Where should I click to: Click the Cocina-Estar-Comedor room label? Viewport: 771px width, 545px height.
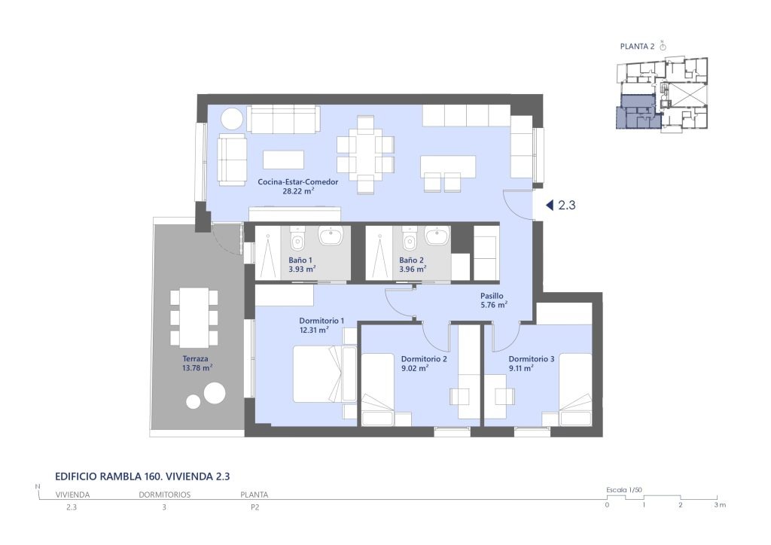[x=298, y=182]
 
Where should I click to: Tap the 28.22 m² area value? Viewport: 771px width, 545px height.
[x=298, y=191]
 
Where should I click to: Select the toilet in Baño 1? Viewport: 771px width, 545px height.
[x=297, y=238]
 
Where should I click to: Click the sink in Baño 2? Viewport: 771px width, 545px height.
[x=437, y=236]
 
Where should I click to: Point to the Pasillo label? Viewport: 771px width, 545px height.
[x=492, y=296]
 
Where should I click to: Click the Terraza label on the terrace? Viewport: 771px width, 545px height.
[x=195, y=359]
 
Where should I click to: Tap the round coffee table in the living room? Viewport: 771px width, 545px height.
[x=231, y=119]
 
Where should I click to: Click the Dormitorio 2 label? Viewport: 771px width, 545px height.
[x=424, y=359]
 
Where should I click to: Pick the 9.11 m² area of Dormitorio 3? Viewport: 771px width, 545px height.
[x=521, y=368]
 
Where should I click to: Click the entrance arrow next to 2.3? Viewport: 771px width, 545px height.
[x=550, y=205]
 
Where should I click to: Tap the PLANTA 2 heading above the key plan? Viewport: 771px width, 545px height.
[x=637, y=47]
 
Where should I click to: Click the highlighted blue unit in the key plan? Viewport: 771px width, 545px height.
[x=635, y=113]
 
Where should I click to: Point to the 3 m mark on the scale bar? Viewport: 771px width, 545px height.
[x=720, y=504]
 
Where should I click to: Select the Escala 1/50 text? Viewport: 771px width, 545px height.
[x=624, y=490]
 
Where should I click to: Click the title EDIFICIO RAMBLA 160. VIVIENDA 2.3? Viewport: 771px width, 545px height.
[x=142, y=476]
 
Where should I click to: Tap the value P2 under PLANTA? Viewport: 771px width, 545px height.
[x=254, y=507]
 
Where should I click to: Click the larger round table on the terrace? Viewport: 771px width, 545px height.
[x=215, y=393]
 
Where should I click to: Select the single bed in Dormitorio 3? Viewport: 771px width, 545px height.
[x=575, y=389]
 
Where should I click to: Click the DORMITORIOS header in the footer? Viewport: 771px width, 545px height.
[x=165, y=495]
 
